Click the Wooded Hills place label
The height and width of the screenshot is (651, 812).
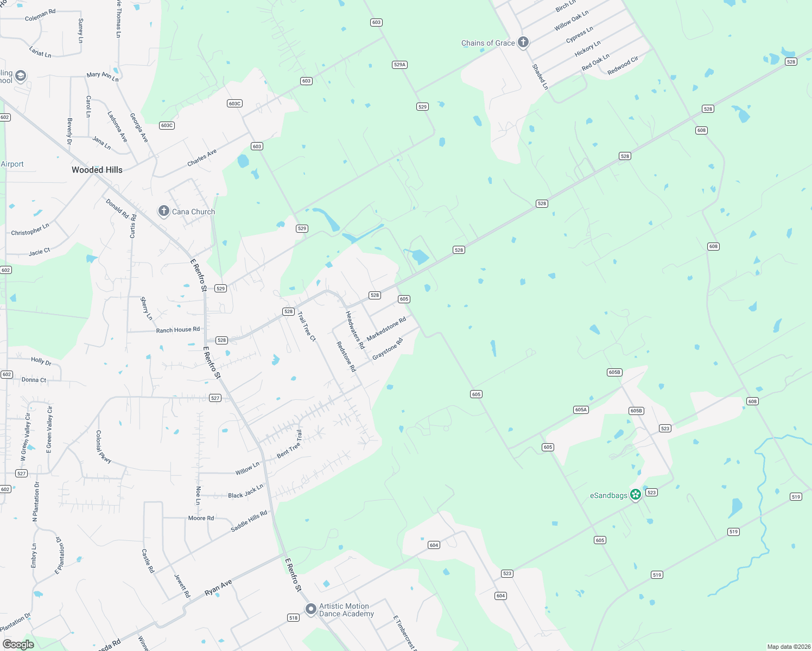(x=97, y=170)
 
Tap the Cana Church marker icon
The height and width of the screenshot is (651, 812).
(x=163, y=211)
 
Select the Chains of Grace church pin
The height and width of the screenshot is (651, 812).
(x=523, y=42)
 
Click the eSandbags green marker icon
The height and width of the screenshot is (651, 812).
(x=636, y=494)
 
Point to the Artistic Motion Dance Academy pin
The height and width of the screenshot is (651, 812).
(x=310, y=609)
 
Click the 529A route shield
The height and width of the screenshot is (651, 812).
(x=399, y=65)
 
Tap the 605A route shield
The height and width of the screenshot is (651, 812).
(x=581, y=410)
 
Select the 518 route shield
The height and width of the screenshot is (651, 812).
(x=293, y=617)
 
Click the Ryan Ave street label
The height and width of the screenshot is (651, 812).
(x=218, y=588)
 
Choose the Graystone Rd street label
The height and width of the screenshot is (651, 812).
(x=388, y=349)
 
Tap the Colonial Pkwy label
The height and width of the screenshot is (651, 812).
(x=103, y=446)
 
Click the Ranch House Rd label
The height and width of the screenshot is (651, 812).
(x=177, y=330)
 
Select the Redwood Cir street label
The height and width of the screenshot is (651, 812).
(x=623, y=66)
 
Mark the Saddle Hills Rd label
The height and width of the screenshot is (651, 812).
(x=249, y=521)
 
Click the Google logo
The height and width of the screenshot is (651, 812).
(x=18, y=644)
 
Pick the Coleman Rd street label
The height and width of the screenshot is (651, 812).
(x=40, y=15)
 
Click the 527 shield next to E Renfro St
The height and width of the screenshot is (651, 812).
(x=215, y=398)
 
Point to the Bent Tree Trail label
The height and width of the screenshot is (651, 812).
(x=289, y=444)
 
